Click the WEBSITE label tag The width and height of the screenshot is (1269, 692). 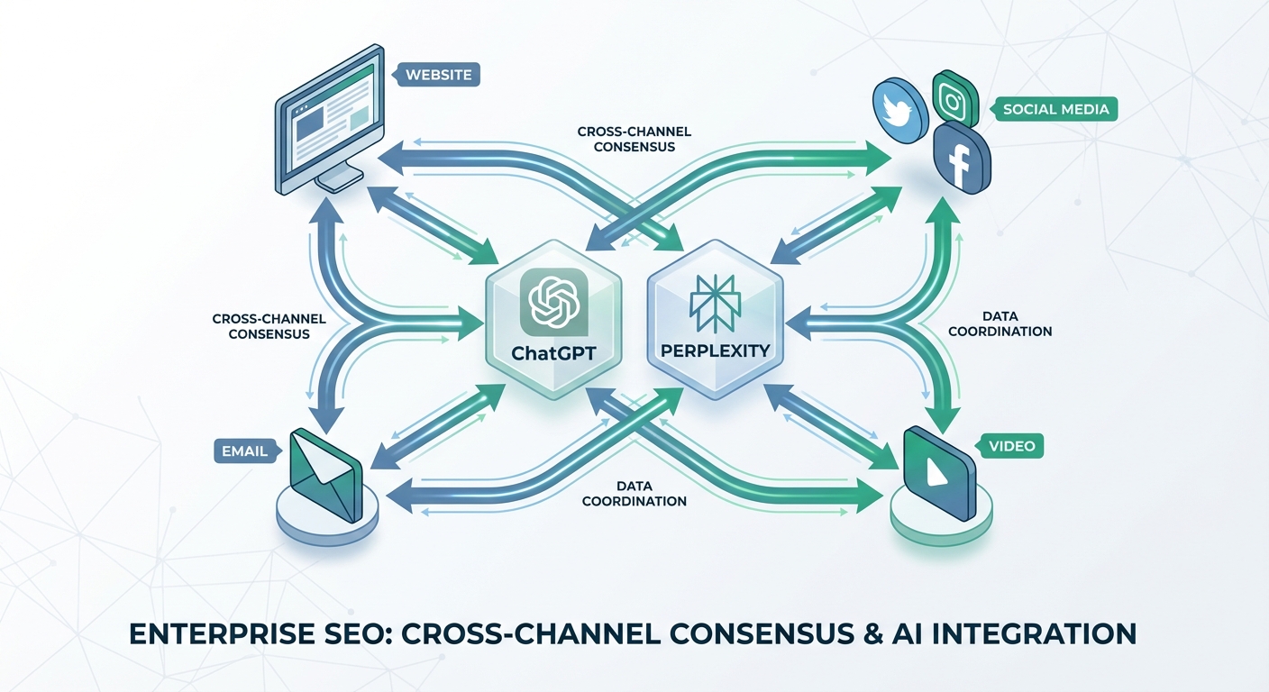[x=439, y=74]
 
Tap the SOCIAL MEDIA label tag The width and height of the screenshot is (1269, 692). [x=1054, y=111]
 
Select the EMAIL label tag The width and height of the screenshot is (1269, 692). [x=243, y=451]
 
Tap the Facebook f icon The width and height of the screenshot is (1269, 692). [x=961, y=159]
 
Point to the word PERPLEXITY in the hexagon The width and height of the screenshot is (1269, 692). [x=714, y=351]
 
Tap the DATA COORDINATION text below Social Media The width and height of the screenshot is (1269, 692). [x=1000, y=324]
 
